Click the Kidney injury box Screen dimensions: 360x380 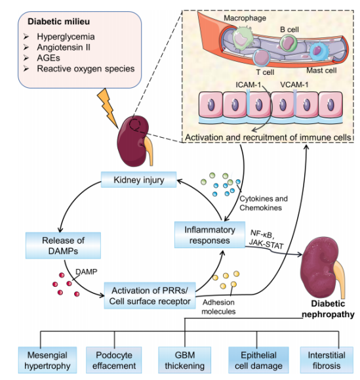click(138, 180)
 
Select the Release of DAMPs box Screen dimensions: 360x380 click(63, 245)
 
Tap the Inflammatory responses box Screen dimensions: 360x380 click(210, 235)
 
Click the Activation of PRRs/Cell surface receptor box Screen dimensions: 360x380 click(150, 295)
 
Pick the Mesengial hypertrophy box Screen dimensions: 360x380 click(47, 360)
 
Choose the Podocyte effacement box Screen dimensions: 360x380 click(114, 360)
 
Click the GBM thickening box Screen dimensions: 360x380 click(185, 360)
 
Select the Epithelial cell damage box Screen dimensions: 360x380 click(258, 360)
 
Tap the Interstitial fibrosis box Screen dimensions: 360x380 click(327, 360)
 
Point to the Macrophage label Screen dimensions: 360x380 click(245, 18)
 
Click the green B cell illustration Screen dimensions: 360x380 click(288, 43)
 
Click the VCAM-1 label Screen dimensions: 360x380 click(294, 85)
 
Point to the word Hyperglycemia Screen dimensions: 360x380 click(66, 37)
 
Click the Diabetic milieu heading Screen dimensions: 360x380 click(59, 22)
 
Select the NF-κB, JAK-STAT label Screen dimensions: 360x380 click(266, 239)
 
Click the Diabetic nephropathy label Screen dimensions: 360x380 click(328, 309)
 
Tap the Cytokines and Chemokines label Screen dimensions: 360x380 click(264, 203)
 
